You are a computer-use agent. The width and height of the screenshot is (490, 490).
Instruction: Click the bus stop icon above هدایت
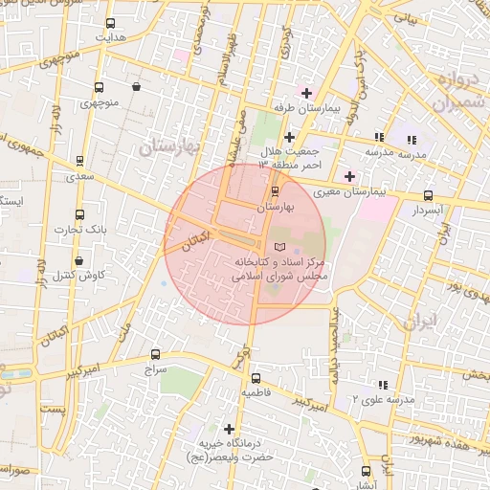(x=110, y=23)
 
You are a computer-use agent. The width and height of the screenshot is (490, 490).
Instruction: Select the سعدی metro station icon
(x=78, y=162)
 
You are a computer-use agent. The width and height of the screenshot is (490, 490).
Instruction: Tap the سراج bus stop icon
(x=154, y=352)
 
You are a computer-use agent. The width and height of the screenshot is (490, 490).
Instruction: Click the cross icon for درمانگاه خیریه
(x=228, y=428)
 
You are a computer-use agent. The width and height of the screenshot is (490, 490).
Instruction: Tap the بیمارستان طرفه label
(x=306, y=109)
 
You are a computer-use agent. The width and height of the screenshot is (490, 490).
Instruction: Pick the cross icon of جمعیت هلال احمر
(x=289, y=137)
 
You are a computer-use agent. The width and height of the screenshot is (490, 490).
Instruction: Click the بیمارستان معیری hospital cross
(x=349, y=176)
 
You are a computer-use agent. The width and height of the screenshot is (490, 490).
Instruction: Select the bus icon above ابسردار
(x=427, y=195)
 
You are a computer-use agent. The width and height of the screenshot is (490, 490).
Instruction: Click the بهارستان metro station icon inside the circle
(x=276, y=189)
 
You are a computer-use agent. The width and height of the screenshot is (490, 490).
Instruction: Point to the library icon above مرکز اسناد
(x=279, y=248)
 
